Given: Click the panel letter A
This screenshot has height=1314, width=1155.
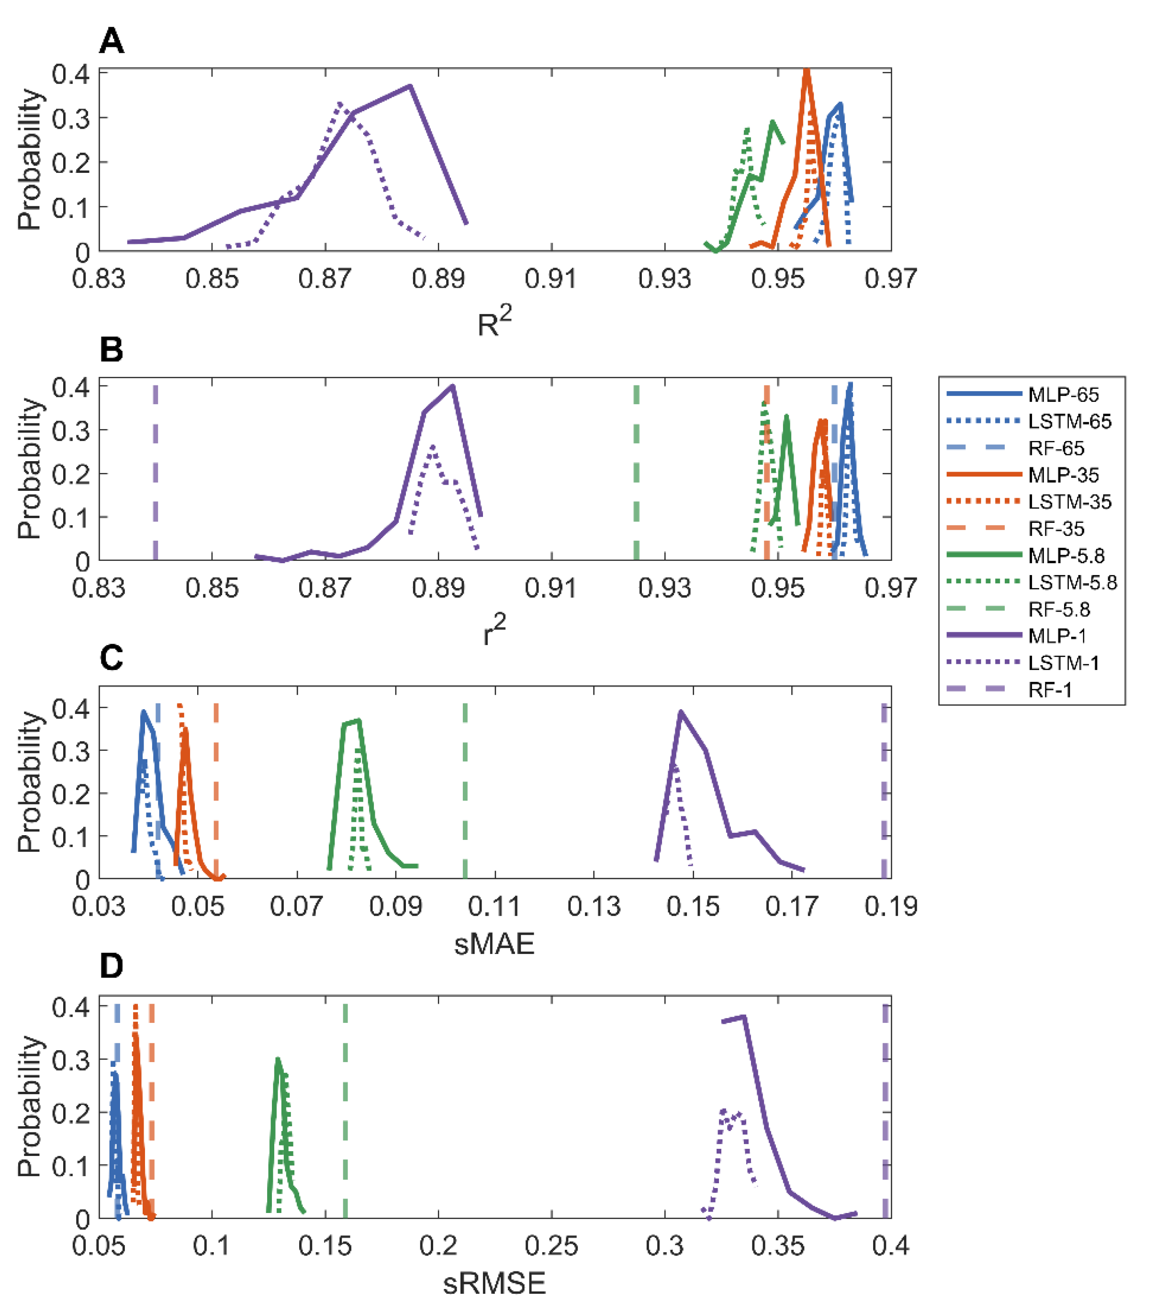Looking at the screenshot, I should tap(111, 43).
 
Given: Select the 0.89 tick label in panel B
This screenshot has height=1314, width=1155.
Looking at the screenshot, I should tap(438, 588).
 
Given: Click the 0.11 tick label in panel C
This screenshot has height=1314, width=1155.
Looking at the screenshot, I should tap(494, 906).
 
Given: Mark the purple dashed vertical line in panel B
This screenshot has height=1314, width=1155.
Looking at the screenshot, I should tap(156, 473).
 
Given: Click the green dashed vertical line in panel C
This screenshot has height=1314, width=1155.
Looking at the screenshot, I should tap(465, 791).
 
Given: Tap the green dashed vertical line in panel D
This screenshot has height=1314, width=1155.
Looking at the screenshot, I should tap(345, 1112).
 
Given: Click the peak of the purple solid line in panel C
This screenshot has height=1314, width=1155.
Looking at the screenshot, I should tap(681, 712).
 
